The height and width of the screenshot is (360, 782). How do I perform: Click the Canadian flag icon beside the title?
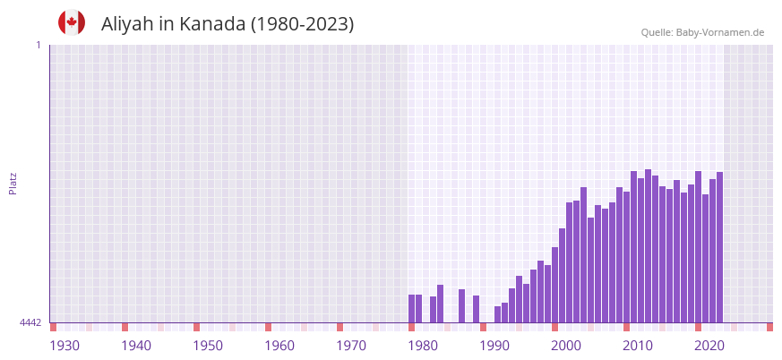pyautogui.click(x=72, y=22)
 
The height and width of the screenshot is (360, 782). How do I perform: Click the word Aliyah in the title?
pyautogui.click(x=129, y=24)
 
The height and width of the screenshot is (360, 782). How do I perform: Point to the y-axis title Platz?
pyautogui.click(x=13, y=183)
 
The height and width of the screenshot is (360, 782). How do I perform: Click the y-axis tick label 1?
pyautogui.click(x=38, y=45)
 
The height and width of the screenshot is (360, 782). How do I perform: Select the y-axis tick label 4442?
pyautogui.click(x=30, y=322)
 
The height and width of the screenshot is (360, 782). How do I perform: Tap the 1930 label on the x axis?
pyautogui.click(x=64, y=346)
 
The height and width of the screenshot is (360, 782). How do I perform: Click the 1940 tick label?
pyautogui.click(x=136, y=346)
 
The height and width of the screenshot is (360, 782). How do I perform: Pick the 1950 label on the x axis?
pyautogui.click(x=208, y=346)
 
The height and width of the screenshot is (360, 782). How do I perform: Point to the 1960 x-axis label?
pyautogui.click(x=279, y=346)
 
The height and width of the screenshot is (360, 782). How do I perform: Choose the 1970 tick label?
pyautogui.click(x=351, y=346)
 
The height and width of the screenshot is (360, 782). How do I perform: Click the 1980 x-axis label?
pyautogui.click(x=423, y=346)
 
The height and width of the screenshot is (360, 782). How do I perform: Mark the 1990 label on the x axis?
pyautogui.click(x=494, y=346)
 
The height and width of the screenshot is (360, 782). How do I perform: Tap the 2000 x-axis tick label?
pyautogui.click(x=566, y=346)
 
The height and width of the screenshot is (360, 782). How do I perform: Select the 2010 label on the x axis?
pyautogui.click(x=638, y=346)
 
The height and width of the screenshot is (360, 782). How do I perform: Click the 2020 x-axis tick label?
pyautogui.click(x=709, y=346)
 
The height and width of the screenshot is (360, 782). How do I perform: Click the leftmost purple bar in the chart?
pyautogui.click(x=412, y=308)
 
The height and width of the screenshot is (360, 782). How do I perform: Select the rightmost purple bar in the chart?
pyautogui.click(x=719, y=247)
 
